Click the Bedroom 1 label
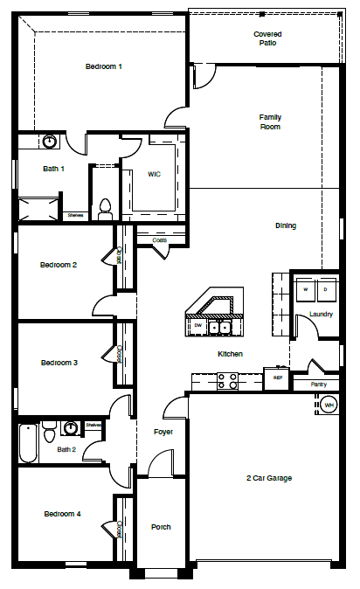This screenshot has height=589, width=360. coord(103,66)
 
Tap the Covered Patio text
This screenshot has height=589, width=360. coord(267,38)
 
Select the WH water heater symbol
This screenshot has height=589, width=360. coord(329,405)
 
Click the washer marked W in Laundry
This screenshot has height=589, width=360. coord(306,288)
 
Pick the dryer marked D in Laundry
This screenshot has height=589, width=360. coord(325,288)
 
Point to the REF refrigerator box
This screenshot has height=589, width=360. coord(278,378)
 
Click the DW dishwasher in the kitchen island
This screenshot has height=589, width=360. coord(197,326)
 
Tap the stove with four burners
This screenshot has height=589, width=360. coord(227,380)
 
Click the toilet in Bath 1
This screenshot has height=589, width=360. coord(106,207)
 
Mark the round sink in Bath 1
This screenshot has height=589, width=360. coord(50,141)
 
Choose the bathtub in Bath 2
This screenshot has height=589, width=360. coord(27,443)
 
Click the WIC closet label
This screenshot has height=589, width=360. coord(154,174)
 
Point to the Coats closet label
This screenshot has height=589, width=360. coord(160,239)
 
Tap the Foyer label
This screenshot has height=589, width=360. coord(163,431)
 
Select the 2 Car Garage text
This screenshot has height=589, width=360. coord(268,478)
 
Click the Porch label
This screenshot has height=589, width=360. coord(161,527)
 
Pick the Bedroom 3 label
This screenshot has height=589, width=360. coord(59,363)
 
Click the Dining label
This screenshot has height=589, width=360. coord(286,225)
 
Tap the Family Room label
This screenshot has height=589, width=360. coord(270,121)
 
